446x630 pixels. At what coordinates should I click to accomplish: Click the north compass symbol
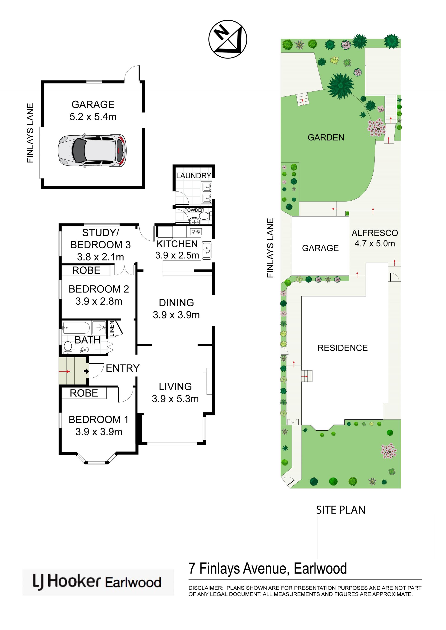228,39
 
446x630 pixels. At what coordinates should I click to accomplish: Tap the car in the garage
92,151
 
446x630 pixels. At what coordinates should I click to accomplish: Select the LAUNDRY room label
193,176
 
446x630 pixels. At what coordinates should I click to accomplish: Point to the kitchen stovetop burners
196,232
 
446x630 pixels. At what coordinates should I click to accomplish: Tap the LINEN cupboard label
112,328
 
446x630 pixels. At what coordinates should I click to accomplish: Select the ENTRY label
123,368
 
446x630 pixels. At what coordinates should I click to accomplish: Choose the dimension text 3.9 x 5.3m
175,399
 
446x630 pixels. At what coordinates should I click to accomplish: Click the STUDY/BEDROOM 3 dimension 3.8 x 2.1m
101,257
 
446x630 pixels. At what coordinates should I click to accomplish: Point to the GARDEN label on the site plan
326,137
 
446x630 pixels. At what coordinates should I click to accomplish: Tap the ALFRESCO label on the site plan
375,233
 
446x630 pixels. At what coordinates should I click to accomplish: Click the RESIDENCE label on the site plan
342,348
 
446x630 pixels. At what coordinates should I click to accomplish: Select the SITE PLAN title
341,510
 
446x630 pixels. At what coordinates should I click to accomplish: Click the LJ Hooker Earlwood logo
98,582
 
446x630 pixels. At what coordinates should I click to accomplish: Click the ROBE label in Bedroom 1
84,393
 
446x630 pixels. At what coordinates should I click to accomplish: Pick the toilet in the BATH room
68,348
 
